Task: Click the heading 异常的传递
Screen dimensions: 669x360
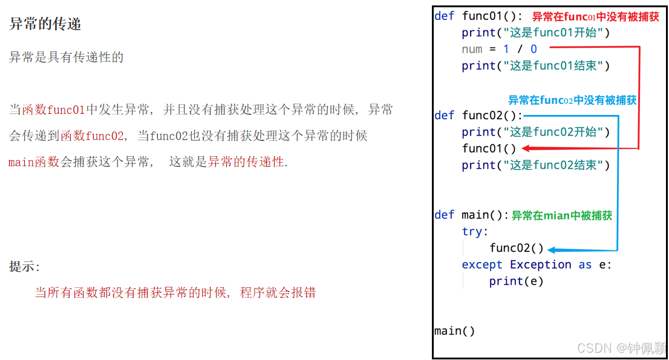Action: tap(45, 24)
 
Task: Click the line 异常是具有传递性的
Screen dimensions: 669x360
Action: tap(67, 57)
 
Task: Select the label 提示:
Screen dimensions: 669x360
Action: tap(25, 267)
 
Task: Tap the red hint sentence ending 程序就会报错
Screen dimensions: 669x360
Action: tap(175, 293)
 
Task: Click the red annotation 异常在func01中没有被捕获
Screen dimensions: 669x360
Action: tap(595, 17)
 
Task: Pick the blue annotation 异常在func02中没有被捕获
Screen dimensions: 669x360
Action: tap(572, 100)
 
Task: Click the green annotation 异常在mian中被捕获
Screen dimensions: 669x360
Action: tap(562, 215)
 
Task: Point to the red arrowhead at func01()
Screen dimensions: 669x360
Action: tap(525, 148)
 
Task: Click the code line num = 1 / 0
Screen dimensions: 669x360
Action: tap(499, 49)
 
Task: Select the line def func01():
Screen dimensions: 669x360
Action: tap(478, 16)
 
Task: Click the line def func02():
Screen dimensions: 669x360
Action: tap(478, 115)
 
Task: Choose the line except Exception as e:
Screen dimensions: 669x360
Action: tap(537, 264)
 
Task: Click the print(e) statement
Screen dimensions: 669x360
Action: tap(516, 281)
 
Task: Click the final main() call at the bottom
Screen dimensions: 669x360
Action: tap(454, 331)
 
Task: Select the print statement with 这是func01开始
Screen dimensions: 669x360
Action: tap(536, 33)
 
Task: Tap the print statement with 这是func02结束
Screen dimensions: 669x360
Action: tap(536, 165)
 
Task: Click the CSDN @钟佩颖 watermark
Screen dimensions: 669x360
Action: tap(621, 348)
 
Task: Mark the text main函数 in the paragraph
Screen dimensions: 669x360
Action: tap(34, 162)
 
